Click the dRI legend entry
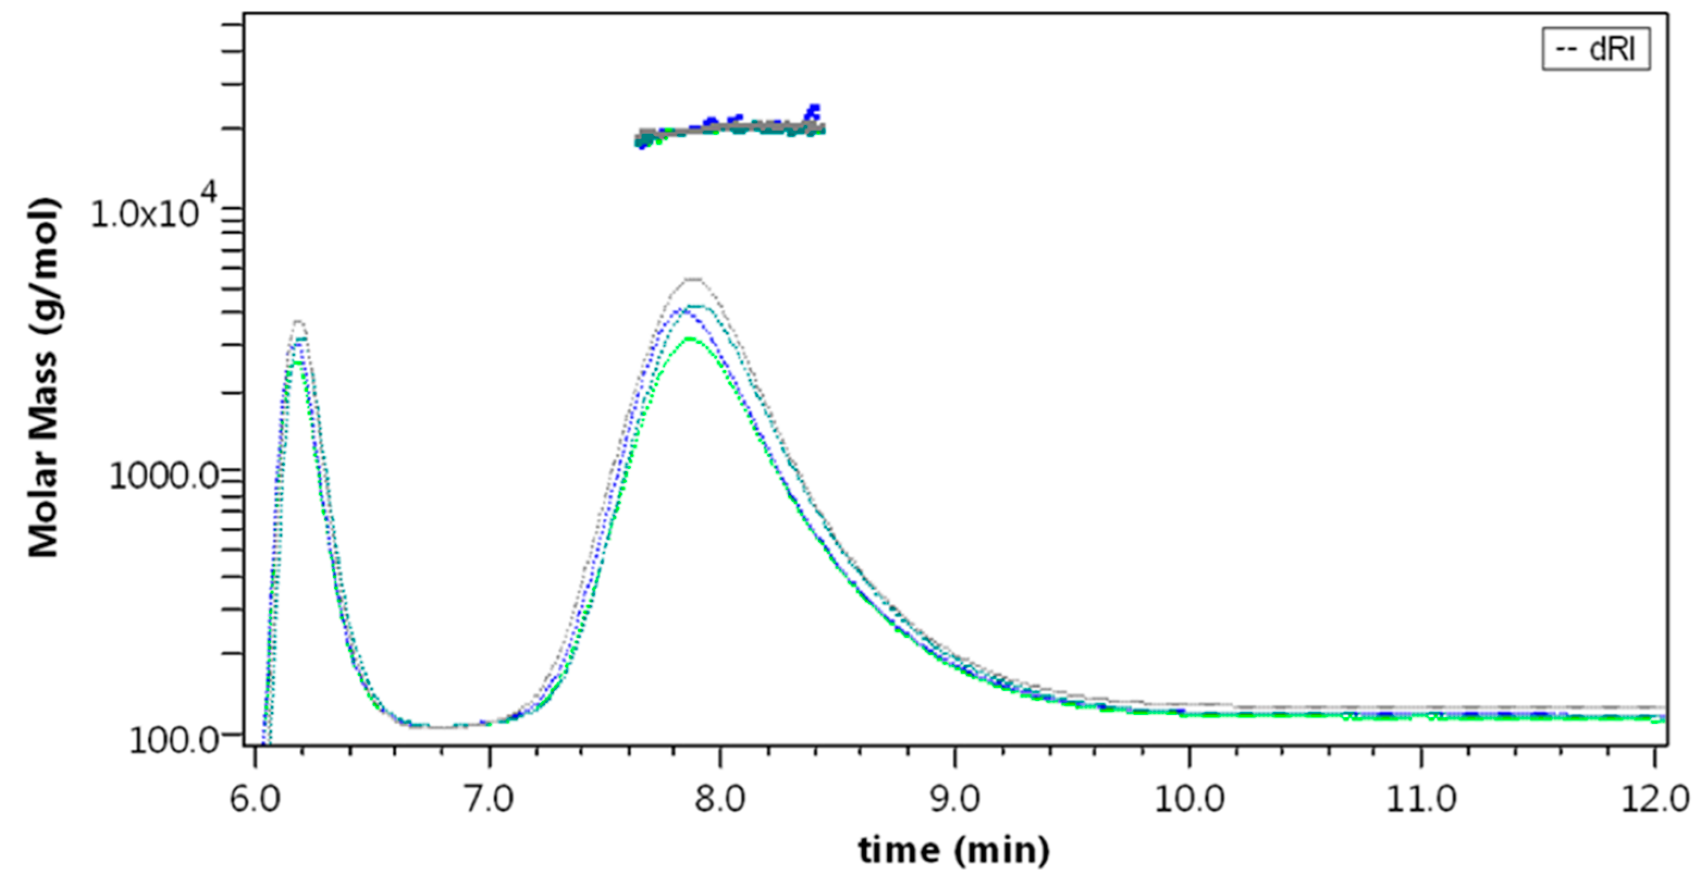(x=1596, y=49)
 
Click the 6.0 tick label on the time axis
(x=255, y=799)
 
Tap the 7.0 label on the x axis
(x=489, y=799)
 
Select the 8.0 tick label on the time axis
(x=720, y=799)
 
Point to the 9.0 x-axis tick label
(x=954, y=799)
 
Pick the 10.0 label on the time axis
(x=1189, y=799)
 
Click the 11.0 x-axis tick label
(x=1421, y=799)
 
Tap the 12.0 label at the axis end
(x=1655, y=799)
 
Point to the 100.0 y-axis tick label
(x=174, y=740)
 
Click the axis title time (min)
(x=954, y=849)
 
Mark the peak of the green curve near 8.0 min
(x=690, y=339)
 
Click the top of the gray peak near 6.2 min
(x=299, y=322)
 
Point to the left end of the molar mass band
(x=639, y=140)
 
